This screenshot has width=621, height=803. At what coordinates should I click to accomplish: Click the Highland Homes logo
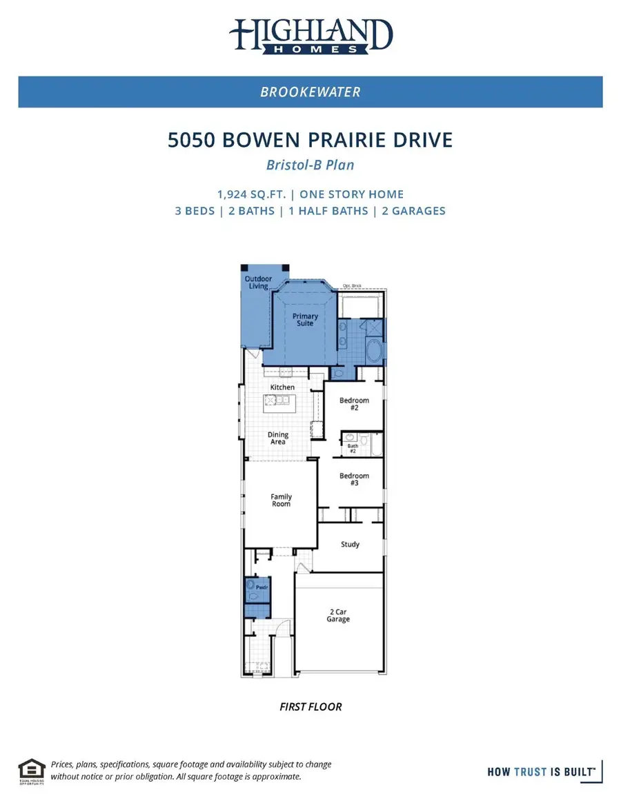(x=310, y=36)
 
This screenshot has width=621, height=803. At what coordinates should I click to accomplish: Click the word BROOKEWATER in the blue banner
(x=310, y=92)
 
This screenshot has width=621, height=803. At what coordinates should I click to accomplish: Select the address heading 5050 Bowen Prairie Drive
(x=310, y=141)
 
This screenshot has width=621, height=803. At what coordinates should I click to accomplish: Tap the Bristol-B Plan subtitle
(x=310, y=165)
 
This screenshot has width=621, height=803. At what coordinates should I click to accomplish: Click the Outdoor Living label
(x=258, y=283)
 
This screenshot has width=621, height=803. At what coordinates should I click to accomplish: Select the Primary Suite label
(x=305, y=320)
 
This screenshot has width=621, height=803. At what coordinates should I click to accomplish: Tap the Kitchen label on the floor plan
(x=282, y=387)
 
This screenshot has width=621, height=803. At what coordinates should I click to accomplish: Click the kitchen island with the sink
(x=282, y=400)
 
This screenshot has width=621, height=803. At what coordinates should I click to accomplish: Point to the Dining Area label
(x=278, y=438)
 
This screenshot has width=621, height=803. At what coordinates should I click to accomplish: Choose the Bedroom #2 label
(x=354, y=404)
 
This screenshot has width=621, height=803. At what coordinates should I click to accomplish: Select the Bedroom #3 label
(x=354, y=480)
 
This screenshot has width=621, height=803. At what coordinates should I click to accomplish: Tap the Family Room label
(x=281, y=500)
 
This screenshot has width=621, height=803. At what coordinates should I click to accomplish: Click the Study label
(x=351, y=545)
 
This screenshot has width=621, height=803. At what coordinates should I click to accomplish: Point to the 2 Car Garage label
(x=338, y=616)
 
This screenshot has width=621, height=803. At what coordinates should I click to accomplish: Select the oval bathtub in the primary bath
(x=375, y=351)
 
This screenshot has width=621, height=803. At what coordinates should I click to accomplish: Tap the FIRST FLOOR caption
(x=310, y=707)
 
